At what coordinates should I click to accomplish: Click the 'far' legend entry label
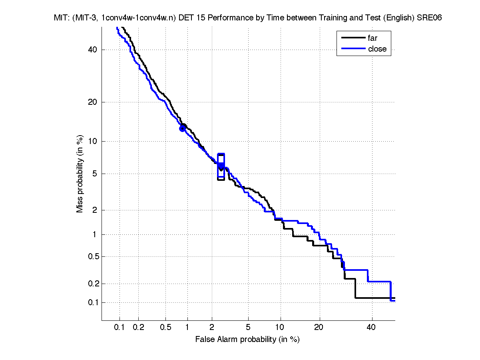tap(372, 38)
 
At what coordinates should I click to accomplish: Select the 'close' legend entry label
tap(377, 49)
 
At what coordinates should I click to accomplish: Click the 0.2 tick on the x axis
tap(139, 327)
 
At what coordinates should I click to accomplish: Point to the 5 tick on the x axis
tap(248, 327)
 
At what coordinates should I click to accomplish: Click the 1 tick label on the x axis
tap(187, 327)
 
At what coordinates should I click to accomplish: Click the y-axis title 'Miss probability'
tap(80, 175)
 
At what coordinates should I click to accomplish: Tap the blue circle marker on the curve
tap(183, 128)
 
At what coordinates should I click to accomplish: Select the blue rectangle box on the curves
tap(221, 165)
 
